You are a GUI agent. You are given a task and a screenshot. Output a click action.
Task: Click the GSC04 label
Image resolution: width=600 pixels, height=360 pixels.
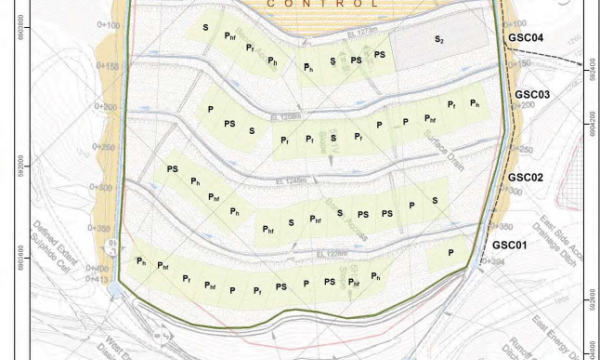click(524, 38)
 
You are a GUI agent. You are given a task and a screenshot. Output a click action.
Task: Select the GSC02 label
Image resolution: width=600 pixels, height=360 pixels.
click(524, 177)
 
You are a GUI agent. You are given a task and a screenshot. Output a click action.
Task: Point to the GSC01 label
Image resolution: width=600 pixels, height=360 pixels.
click(509, 245)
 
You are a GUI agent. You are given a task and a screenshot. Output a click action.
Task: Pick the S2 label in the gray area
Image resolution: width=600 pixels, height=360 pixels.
click(439, 40)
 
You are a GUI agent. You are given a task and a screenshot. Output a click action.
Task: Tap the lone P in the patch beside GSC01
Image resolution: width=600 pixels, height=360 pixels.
click(451, 252)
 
